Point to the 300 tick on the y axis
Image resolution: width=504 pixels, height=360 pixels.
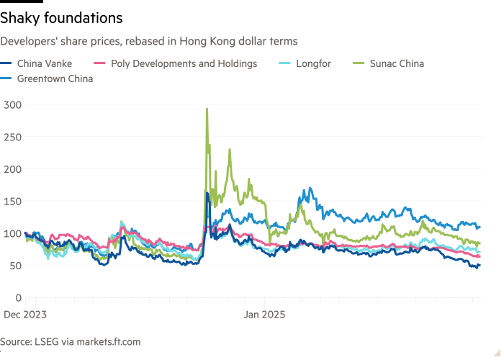pyautogui.click(x=12, y=105)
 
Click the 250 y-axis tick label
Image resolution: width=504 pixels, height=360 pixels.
pyautogui.click(x=12, y=137)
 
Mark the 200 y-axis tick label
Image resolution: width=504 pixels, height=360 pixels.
pyautogui.click(x=12, y=169)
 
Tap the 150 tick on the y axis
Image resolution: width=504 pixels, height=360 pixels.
pyautogui.click(x=12, y=201)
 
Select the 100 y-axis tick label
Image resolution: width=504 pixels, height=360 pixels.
pyautogui.click(x=12, y=233)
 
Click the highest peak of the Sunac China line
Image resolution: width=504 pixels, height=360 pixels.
pyautogui.click(x=207, y=109)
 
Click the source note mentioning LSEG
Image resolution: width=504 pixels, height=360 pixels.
pyautogui.click(x=70, y=341)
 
